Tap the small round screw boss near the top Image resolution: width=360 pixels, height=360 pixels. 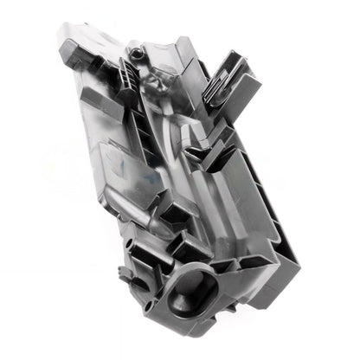137,53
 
